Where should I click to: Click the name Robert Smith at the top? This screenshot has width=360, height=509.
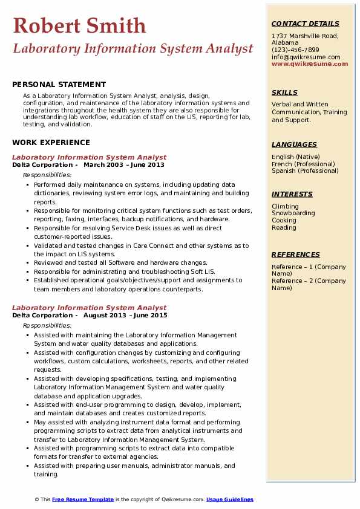click(x=79, y=25)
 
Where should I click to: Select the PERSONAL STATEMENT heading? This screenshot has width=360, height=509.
click(x=59, y=85)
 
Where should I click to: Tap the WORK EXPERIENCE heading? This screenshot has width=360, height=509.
click(x=51, y=143)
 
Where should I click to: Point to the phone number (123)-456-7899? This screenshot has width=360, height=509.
click(x=295, y=50)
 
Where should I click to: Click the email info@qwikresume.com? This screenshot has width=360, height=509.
click(x=306, y=57)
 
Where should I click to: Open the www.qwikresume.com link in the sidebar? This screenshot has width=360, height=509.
click(x=306, y=64)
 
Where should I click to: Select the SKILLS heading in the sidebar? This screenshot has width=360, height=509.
click(x=284, y=92)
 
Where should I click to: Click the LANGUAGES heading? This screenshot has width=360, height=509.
click(x=294, y=144)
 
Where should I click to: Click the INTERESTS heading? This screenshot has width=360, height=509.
click(x=292, y=194)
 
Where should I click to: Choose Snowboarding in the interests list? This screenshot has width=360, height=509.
click(x=293, y=213)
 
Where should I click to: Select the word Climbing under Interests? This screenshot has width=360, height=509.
click(x=285, y=206)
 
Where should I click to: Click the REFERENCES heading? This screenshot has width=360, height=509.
click(x=296, y=254)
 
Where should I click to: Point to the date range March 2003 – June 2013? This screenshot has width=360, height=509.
click(x=124, y=165)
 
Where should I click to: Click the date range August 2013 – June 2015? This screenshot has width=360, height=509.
click(x=125, y=316)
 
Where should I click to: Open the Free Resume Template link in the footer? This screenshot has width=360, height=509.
click(x=83, y=499)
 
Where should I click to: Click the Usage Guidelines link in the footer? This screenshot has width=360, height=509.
click(x=230, y=499)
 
